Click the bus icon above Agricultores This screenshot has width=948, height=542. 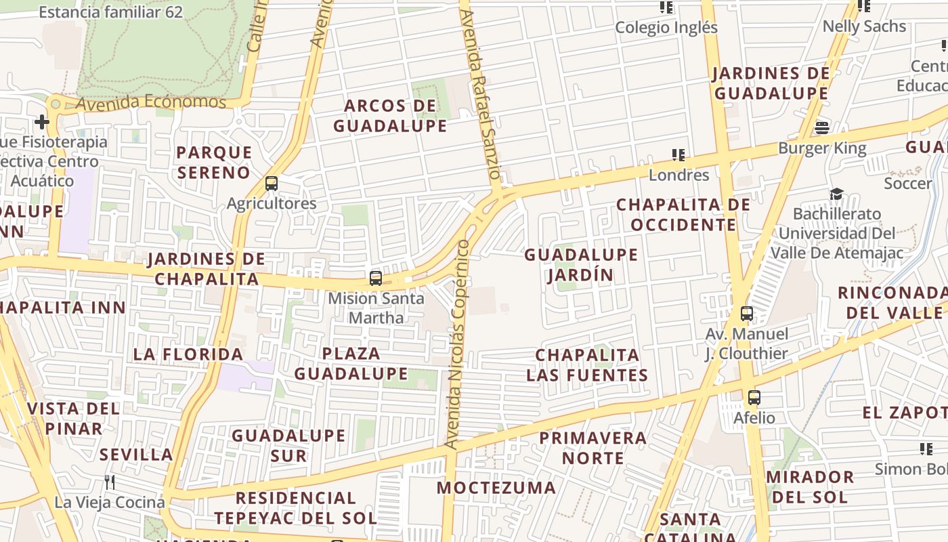[x=272, y=183]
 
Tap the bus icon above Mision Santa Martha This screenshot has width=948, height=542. [x=375, y=278]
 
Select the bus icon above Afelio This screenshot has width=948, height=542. [x=754, y=398]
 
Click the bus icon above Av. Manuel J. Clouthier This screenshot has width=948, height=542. [x=747, y=314]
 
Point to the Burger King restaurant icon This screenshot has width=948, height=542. [x=822, y=127]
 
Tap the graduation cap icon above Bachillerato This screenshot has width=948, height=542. [x=837, y=194]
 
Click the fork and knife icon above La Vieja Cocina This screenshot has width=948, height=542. [x=110, y=482]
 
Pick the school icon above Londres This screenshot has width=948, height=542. [x=678, y=155]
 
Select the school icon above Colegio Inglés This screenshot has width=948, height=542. [x=666, y=7]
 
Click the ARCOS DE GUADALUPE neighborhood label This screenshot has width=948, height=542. [x=390, y=116]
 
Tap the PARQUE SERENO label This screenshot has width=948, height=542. [x=214, y=163]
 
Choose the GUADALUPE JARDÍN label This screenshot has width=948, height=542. [x=581, y=265]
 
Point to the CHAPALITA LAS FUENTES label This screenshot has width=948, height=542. [x=587, y=365]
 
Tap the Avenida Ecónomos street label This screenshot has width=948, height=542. [x=150, y=102]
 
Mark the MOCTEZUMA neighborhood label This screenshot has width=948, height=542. [x=496, y=488]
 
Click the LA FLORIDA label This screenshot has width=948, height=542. [x=188, y=354]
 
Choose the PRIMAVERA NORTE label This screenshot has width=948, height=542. [x=592, y=448]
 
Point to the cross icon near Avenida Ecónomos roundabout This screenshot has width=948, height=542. [x=42, y=122]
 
